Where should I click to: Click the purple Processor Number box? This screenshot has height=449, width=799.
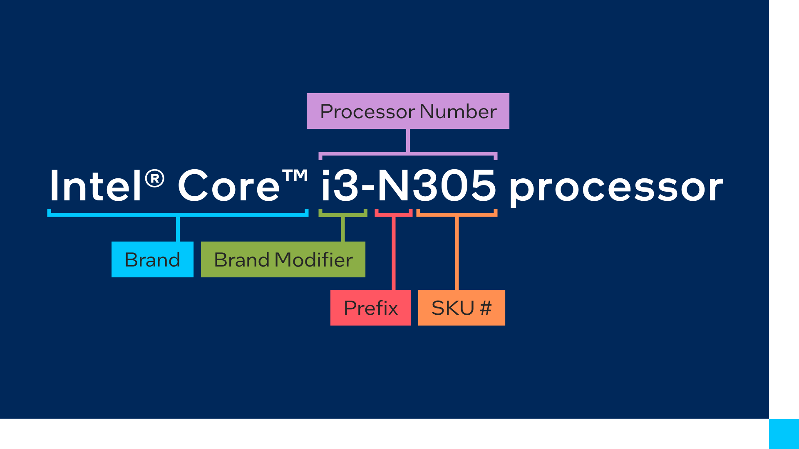pos(408,111)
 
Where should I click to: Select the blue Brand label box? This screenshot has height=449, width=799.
pos(152,259)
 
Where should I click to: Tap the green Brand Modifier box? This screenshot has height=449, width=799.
pos(283,259)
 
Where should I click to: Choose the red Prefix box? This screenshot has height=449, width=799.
pos(370,308)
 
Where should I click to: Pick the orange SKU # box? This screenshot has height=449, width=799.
pos(461,308)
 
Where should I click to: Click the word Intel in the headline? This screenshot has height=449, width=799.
pos(96,186)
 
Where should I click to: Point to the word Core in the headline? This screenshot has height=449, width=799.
pos(229,186)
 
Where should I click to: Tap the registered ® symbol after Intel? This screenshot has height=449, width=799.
pos(155,179)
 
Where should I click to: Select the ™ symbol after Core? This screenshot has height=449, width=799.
pos(295,176)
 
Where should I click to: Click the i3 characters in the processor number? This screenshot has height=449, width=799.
pos(340,186)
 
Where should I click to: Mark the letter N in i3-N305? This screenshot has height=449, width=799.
pos(394,186)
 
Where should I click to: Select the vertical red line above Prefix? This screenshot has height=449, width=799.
pos(394,254)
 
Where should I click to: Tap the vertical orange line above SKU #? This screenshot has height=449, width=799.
pos(457,254)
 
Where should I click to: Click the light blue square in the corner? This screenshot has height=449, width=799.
pos(784,434)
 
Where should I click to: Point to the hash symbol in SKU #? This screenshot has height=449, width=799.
pos(486,308)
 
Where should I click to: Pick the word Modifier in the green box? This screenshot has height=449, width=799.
pos(314,260)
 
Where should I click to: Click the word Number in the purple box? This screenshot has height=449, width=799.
pos(458,111)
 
